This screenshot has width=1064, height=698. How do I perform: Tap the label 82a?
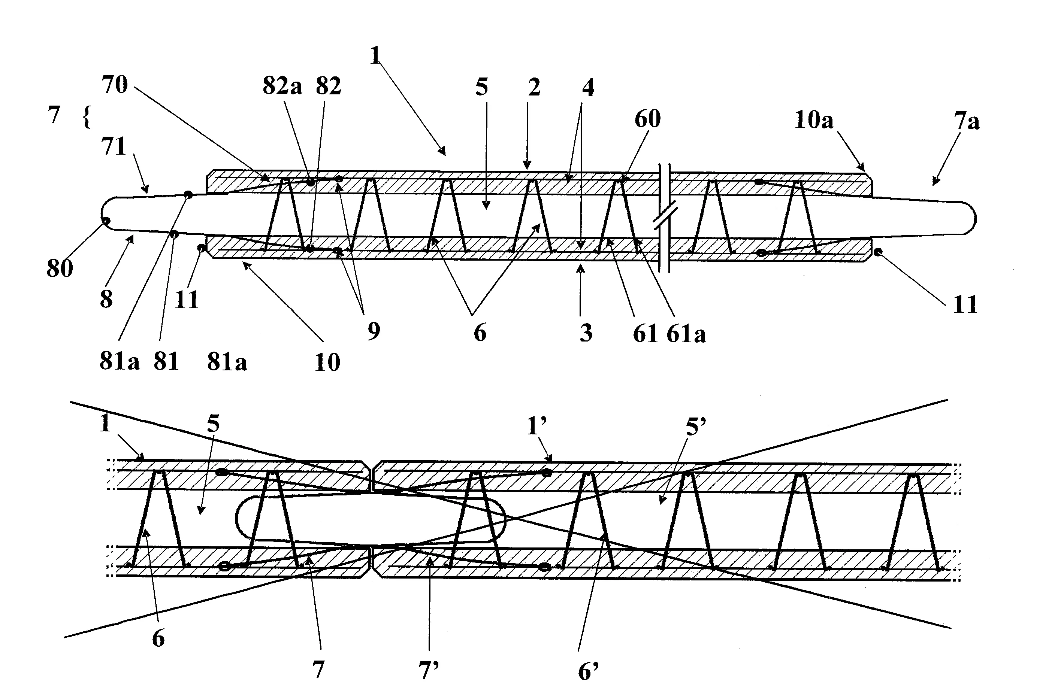click(282, 86)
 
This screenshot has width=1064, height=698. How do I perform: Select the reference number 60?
click(647, 119)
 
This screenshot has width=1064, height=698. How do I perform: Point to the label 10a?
click(814, 120)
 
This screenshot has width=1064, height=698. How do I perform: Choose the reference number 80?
click(60, 268)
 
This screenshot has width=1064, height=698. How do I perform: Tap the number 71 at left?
click(114, 146)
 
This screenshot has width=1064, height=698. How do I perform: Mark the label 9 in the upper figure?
click(374, 331)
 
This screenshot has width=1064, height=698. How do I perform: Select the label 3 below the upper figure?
click(586, 333)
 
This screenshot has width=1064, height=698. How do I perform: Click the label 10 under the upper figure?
click(327, 362)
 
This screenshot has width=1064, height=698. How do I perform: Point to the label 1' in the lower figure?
click(537, 426)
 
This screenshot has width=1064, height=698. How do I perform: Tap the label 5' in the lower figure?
click(696, 427)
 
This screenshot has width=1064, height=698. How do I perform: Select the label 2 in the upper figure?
click(534, 88)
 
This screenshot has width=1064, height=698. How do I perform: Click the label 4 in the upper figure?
click(588, 88)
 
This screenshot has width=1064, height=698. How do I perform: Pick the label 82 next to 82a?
click(329, 86)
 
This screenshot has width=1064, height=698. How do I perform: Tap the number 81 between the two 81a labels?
click(166, 361)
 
